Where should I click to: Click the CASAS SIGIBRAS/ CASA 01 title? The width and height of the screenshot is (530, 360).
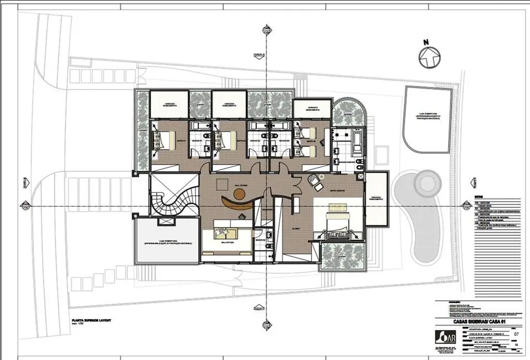[x=470, y=322]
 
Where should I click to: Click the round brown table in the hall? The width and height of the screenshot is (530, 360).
[x=239, y=194]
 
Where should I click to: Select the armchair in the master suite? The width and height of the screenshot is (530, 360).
[x=315, y=181]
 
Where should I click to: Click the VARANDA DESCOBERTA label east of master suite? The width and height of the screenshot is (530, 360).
[x=376, y=199]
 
